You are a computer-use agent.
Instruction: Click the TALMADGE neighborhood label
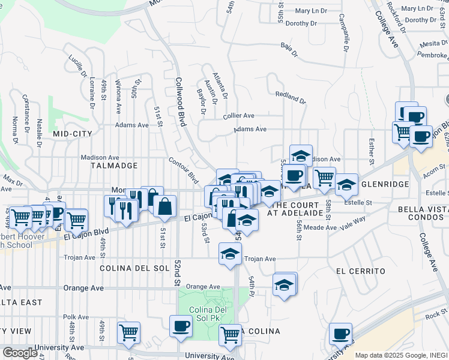pyautogui.click(x=114, y=164)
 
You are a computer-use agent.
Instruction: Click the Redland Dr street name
pyautogui.click(x=291, y=95)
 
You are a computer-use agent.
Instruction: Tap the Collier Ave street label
pyautogui.click(x=238, y=116)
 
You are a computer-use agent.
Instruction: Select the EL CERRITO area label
pyautogui.click(x=360, y=271)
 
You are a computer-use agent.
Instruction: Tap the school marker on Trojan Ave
pyautogui.click(x=229, y=254)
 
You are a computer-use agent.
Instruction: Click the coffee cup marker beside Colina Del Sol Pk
pyautogui.click(x=181, y=326)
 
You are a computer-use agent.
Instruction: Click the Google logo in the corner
pyautogui.click(x=20, y=353)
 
